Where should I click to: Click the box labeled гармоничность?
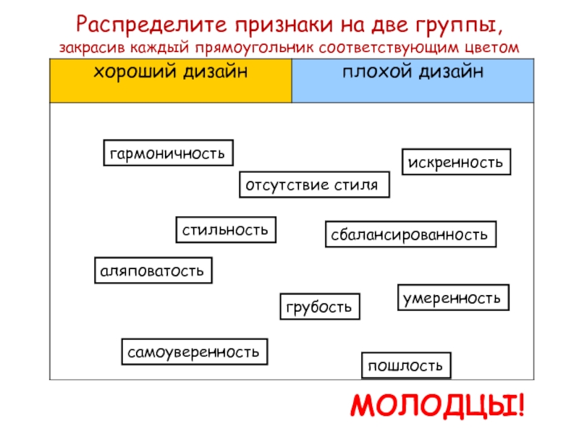(168, 153)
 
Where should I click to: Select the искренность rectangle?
(456, 161)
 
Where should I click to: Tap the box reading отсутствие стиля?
(314, 184)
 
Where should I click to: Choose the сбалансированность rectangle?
(410, 234)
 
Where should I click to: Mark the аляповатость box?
(153, 270)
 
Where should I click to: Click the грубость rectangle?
(320, 307)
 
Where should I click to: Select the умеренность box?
(454, 297)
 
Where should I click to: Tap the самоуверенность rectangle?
(194, 352)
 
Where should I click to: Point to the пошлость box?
(405, 365)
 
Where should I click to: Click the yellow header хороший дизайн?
(170, 72)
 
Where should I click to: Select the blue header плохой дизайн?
(413, 72)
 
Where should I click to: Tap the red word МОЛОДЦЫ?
(438, 407)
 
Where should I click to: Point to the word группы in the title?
(457, 26)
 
